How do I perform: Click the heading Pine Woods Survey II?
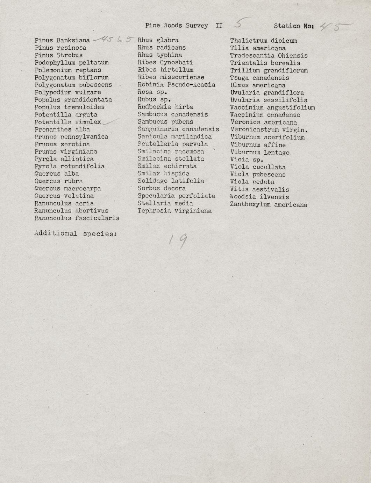point(184,26)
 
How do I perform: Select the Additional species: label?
point(75,233)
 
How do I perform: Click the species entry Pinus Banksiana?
point(62,41)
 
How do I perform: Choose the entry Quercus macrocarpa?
point(68,189)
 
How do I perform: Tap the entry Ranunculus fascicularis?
point(77,218)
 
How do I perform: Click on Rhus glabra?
point(158,40)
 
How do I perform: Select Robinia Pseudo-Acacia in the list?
point(176,85)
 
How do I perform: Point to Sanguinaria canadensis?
point(178,129)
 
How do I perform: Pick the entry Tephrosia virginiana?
point(174,211)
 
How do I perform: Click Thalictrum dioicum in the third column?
point(263,41)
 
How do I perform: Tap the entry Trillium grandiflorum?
point(269,70)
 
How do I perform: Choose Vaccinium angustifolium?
point(272,107)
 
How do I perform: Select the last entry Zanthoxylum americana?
point(268,204)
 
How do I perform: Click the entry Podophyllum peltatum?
point(71,63)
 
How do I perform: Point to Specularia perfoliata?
point(176,196)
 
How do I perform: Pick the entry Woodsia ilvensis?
point(259,197)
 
